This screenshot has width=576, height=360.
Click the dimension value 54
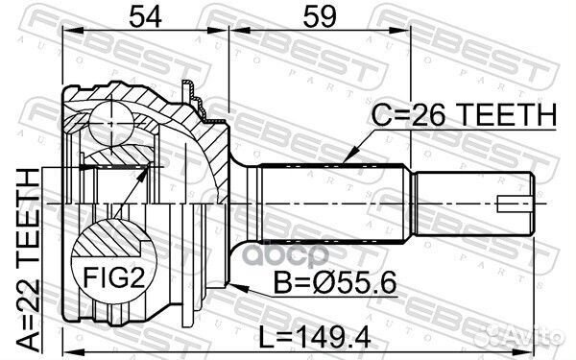pyautogui.click(x=146, y=16)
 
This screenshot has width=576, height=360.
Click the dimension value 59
pyautogui.click(x=320, y=16)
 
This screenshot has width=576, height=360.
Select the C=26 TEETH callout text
pyautogui.click(x=464, y=114)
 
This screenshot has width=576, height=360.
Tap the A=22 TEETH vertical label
pyautogui.click(x=28, y=259)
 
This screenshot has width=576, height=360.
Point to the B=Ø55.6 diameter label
pyautogui.click(x=335, y=281)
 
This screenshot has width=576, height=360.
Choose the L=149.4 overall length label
pyautogui.click(x=315, y=337)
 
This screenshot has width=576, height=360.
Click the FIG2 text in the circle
pyautogui.click(x=114, y=277)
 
